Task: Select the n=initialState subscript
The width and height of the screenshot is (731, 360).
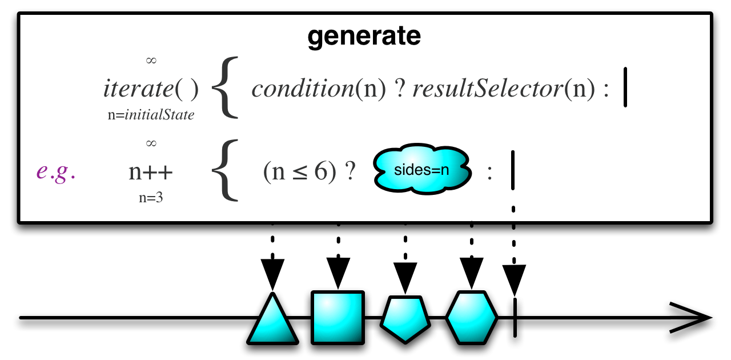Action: [151, 115]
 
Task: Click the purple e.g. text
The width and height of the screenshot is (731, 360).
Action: [56, 172]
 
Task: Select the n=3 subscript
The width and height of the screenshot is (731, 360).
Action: [151, 199]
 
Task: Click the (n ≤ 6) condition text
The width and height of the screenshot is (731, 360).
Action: [300, 173]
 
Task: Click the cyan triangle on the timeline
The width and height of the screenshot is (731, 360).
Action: [273, 321]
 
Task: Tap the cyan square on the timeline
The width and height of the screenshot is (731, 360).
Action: [338, 318]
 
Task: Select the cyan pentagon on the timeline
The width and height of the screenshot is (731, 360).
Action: [405, 319]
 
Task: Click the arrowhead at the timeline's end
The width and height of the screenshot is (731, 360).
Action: [694, 317]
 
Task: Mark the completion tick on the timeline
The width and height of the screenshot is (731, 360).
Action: [515, 317]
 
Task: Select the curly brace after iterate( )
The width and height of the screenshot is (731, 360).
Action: [224, 89]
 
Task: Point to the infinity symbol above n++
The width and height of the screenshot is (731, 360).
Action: [151, 143]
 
